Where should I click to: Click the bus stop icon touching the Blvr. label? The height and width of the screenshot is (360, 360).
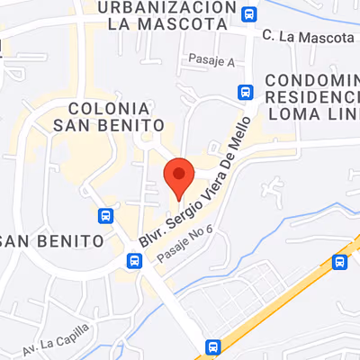coord(134,261)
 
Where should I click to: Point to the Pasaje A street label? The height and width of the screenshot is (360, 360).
coord(211,60)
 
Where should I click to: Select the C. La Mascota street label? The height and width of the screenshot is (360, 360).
coord(308,37)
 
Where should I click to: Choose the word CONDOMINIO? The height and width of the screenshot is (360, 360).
coord(314,79)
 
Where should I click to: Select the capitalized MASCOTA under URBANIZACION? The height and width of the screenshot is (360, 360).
coord(191,23)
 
